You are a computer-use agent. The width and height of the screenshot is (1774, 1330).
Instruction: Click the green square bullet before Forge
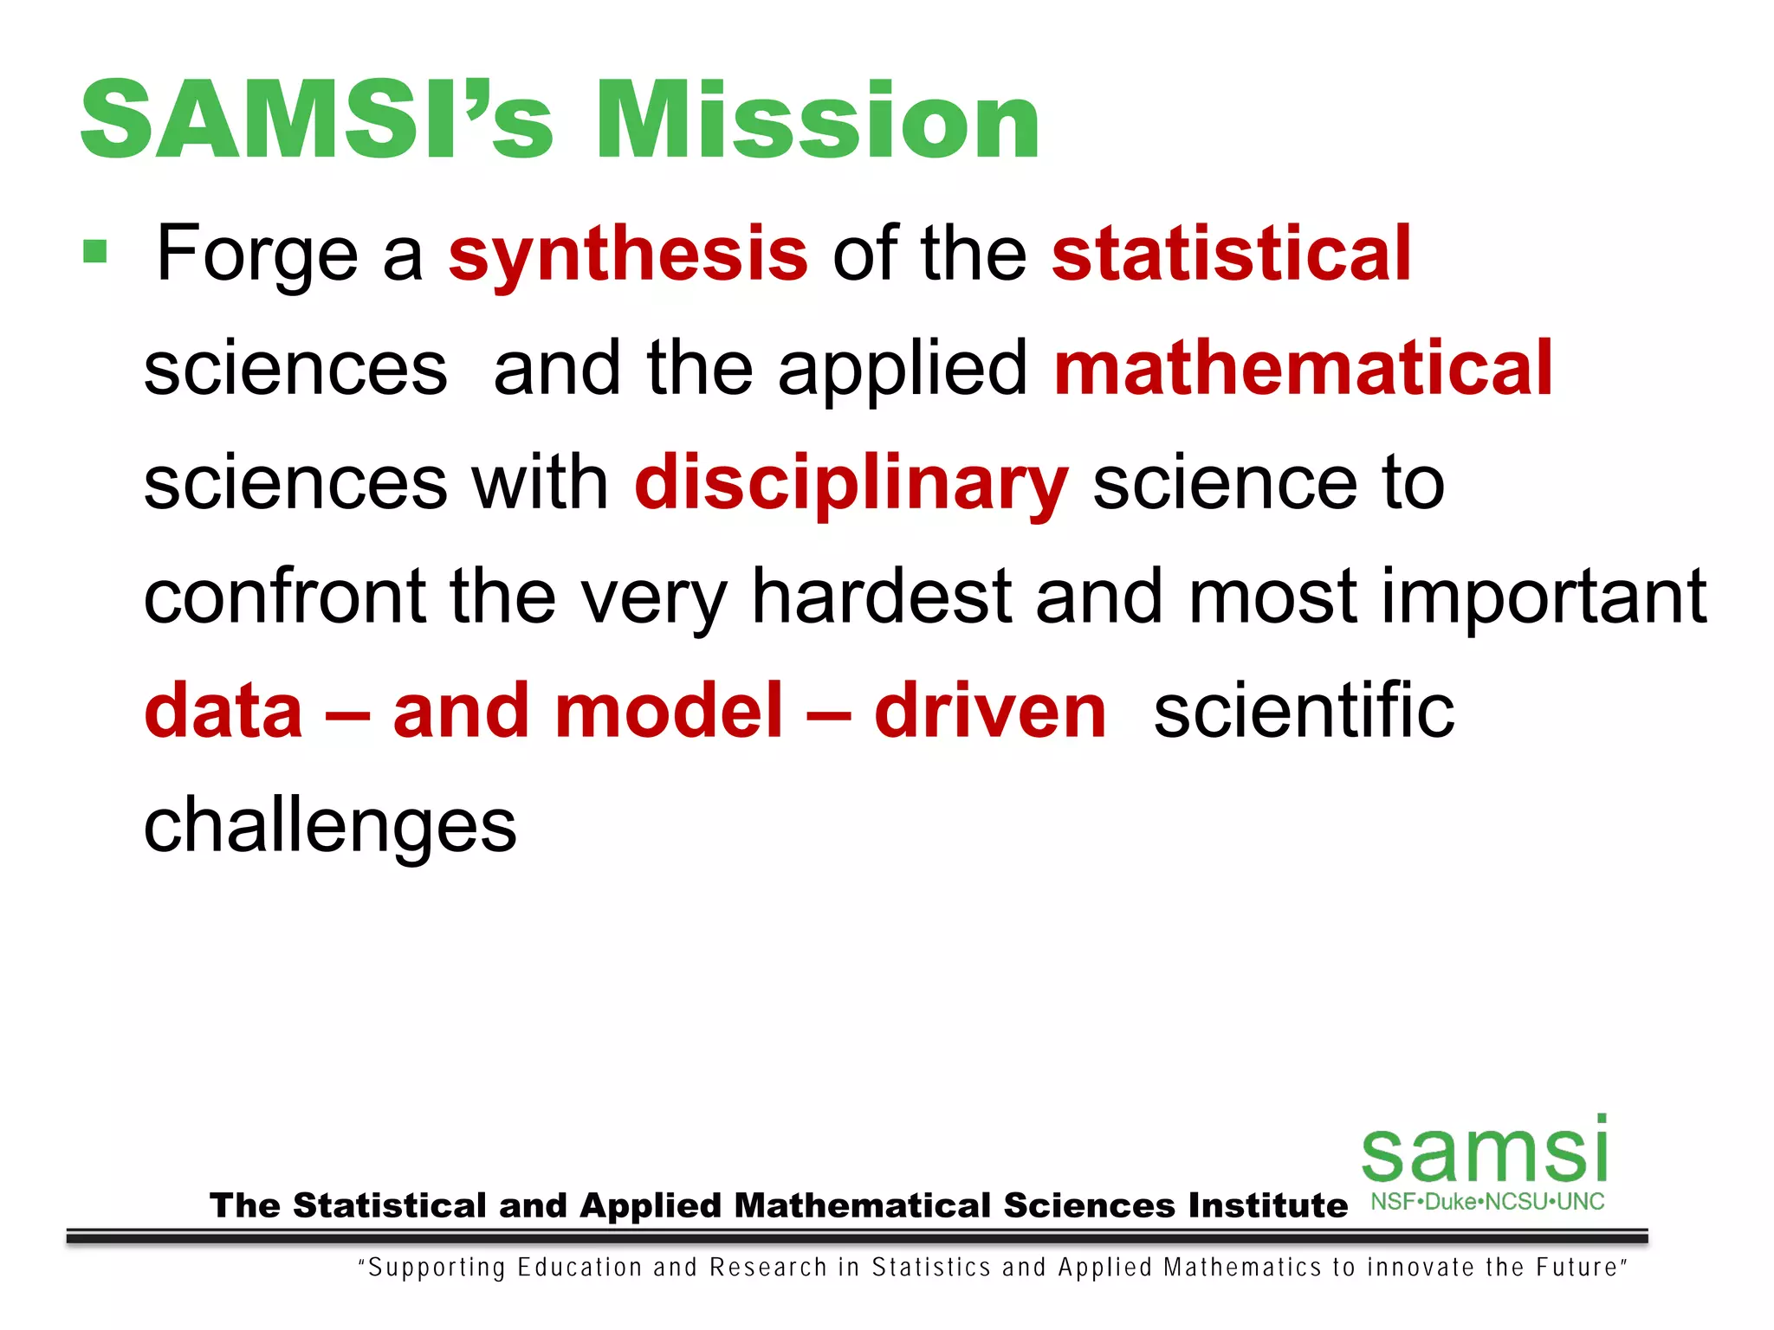tap(94, 252)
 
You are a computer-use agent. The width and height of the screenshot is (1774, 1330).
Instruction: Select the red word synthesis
tap(628, 255)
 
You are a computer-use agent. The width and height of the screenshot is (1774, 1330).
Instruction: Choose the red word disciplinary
tap(851, 485)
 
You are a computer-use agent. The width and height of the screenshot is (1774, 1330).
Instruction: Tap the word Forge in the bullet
tap(256, 255)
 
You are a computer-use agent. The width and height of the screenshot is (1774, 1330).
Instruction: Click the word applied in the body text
tap(902, 371)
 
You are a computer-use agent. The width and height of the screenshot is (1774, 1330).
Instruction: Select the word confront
tap(284, 597)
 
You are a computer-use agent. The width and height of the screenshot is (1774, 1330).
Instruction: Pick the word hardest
tap(881, 597)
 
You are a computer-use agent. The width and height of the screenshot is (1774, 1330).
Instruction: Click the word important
tap(1543, 598)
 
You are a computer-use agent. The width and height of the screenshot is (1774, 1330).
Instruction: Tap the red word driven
tap(990, 712)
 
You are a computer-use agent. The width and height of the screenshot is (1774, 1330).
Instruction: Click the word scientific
tap(1304, 712)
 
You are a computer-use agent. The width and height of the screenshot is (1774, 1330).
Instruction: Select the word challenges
tap(330, 828)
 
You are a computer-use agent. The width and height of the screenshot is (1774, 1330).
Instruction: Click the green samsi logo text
tap(1485, 1152)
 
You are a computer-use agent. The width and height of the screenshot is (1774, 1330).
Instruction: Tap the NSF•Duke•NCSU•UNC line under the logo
tap(1487, 1202)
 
